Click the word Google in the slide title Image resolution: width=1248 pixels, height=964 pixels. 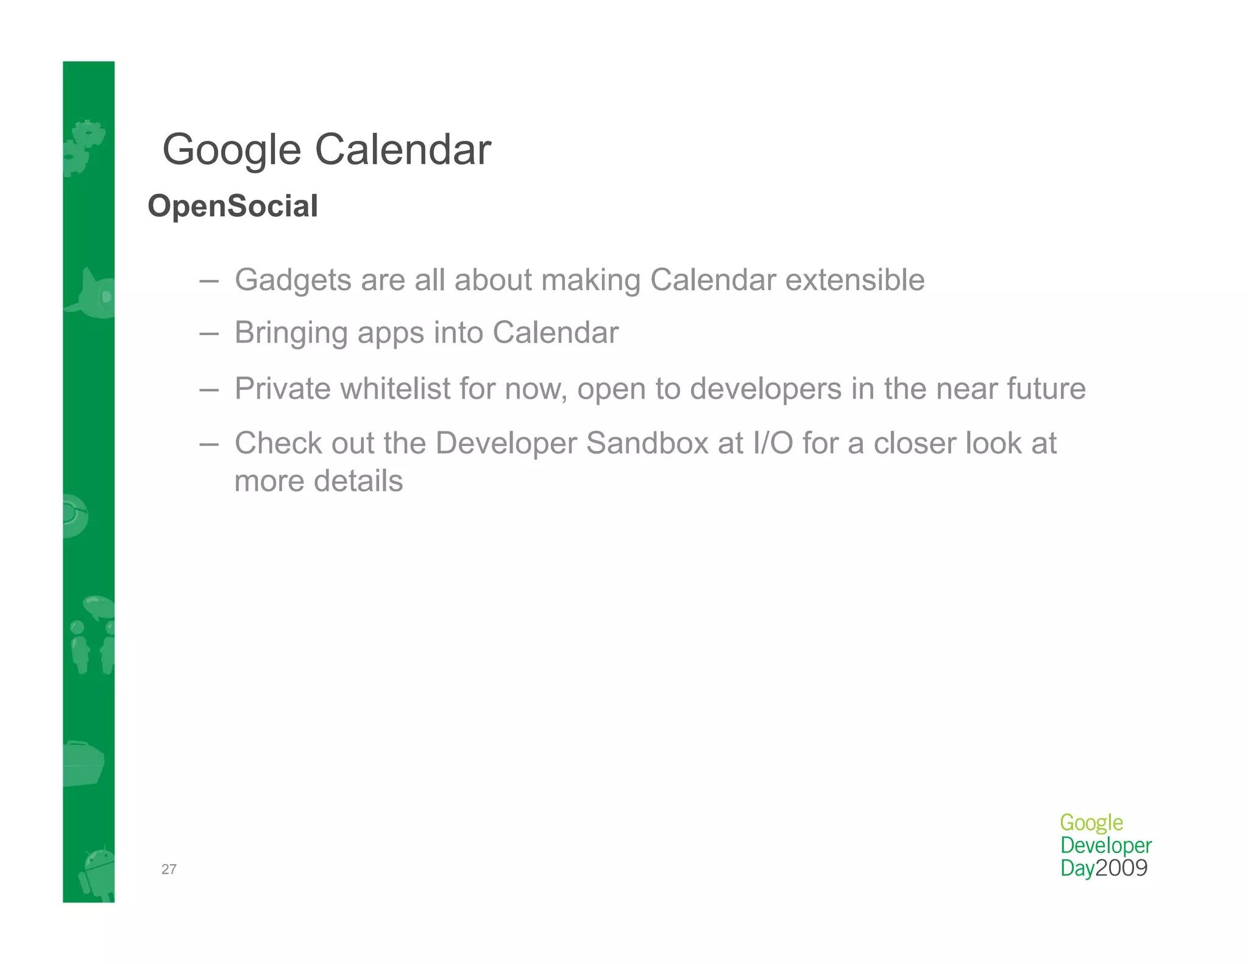coord(232,150)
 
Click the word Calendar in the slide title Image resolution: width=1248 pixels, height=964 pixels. coord(403,150)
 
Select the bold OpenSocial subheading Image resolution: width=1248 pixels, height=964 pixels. coord(233,206)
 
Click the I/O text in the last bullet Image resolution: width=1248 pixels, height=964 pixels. coord(773,443)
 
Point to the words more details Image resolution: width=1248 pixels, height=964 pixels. coord(319,481)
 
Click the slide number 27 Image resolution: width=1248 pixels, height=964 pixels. coord(169,870)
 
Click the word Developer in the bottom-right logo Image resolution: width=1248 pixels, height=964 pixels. coord(1105,846)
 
